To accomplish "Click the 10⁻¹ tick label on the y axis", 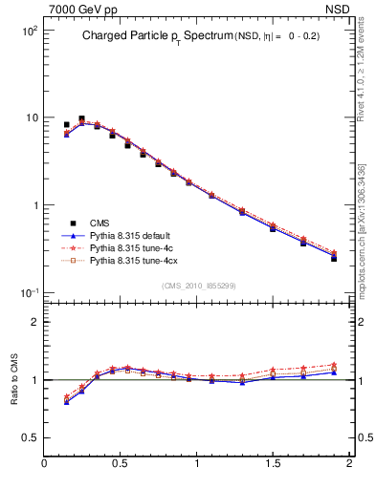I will pyautogui.click(x=28, y=292).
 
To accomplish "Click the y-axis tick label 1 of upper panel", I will pyautogui.click(x=34, y=205).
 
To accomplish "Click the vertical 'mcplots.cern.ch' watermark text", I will pyautogui.click(x=361, y=229).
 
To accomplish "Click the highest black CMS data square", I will pyautogui.click(x=81, y=119).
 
